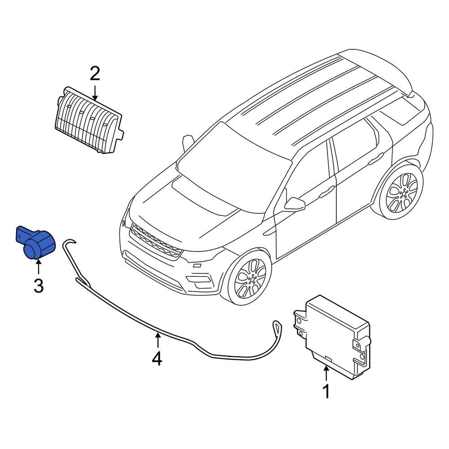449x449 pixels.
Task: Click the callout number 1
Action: [326, 391]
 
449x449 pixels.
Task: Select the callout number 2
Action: [95, 73]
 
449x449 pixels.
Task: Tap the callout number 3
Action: [39, 286]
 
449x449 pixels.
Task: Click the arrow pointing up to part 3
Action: [39, 268]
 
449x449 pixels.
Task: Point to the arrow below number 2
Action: [95, 92]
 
